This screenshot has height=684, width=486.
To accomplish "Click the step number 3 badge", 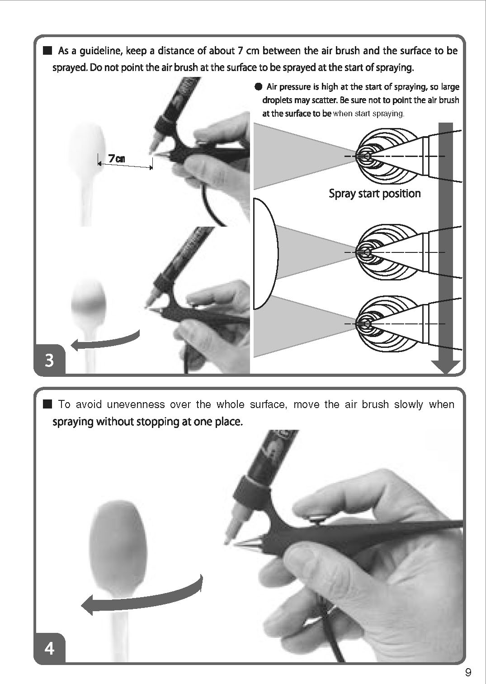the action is click(49, 360).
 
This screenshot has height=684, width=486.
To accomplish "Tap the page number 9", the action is click(468, 672).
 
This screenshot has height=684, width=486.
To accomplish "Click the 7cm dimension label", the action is click(117, 158).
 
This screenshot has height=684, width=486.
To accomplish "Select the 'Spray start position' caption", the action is click(375, 194).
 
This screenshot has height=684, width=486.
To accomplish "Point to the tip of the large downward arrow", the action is click(446, 373).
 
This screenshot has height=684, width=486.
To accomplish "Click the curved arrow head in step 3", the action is click(75, 345).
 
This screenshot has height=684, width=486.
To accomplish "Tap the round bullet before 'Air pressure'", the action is click(258, 87).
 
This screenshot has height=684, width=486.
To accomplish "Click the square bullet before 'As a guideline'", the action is click(47, 50).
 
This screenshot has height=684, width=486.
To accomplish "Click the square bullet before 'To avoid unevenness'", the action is click(47, 404).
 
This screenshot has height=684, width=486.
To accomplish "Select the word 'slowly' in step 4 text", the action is click(409, 404).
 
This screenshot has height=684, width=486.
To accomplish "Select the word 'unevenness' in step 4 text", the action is click(136, 404).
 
